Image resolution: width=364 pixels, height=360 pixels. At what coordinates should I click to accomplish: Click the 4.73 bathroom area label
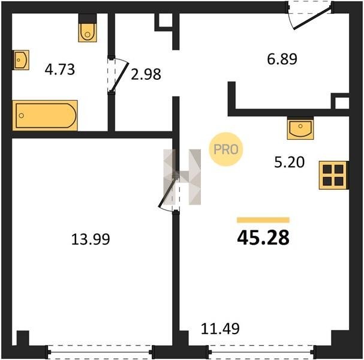pos(59,69)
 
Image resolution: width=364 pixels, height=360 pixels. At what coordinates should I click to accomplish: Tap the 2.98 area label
pos(146,74)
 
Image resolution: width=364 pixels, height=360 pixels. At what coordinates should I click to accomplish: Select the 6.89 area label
pos(282,59)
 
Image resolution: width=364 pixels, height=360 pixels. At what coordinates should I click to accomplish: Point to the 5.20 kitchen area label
pos(289,162)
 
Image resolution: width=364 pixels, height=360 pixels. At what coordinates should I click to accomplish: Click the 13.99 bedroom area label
pos(91,239)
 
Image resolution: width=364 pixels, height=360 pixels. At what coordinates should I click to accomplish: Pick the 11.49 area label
pos(220,329)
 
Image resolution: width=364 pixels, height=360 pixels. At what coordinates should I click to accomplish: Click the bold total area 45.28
pos(263,238)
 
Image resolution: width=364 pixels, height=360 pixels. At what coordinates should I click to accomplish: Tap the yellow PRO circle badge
pos(225,149)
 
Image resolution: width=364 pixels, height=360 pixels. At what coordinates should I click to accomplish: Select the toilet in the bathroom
pos(88,28)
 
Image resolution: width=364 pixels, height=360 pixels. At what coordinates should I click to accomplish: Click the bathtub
pos(45,115)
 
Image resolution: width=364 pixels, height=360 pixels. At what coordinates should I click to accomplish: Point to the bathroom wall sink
pos(20,60)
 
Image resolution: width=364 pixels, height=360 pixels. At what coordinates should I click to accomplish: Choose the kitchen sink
pos(300,128)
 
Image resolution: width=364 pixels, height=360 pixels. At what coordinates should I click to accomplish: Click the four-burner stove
pos(333,175)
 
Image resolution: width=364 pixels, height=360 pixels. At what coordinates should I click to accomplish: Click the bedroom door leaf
pos(167,193)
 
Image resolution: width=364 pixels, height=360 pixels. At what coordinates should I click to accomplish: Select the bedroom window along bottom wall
pos(100,352)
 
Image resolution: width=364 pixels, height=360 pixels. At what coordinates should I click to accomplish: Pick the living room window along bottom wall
pos(261,352)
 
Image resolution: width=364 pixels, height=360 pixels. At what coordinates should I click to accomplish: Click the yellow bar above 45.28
pos(263,220)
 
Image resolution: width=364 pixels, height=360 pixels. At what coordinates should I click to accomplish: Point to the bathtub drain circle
pos(22,115)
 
